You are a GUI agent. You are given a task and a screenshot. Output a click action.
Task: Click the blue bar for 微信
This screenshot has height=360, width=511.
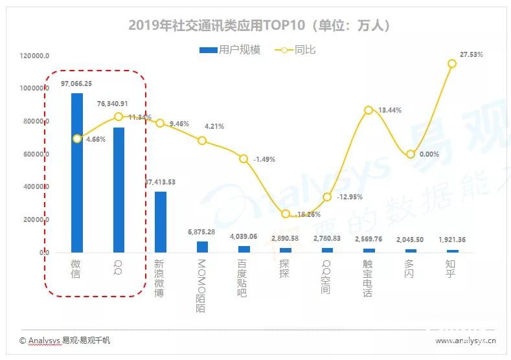click(77, 172)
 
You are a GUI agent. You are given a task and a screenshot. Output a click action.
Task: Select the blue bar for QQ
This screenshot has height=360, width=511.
click(119, 189)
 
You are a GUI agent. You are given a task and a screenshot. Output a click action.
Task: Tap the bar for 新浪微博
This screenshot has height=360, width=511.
click(160, 221)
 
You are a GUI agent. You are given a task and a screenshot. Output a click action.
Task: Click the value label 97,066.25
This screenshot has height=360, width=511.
click(76, 84)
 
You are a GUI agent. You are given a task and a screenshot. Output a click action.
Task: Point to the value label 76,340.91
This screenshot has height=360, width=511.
click(119, 104)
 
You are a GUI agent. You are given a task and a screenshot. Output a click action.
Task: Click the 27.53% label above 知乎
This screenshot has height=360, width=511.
click(470, 54)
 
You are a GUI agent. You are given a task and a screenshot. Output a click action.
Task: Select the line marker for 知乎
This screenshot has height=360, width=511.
click(452, 63)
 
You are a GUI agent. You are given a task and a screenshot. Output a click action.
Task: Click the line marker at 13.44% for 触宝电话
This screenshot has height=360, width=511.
click(369, 110)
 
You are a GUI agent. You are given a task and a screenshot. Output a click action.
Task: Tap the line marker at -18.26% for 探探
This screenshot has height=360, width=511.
click(286, 214)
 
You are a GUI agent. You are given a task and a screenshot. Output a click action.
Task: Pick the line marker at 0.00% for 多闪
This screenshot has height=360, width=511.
click(411, 154)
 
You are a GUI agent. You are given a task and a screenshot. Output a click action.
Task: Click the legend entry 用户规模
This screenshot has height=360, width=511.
click(231, 50)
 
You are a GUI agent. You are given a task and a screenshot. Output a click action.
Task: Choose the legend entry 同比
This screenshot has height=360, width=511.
click(297, 50)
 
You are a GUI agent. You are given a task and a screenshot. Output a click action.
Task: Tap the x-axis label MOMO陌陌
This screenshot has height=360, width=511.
click(201, 285)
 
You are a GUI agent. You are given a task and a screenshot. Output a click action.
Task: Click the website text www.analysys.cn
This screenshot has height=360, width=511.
click(465, 340)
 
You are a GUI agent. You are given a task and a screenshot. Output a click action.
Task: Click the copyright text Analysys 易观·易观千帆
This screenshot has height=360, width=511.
click(65, 340)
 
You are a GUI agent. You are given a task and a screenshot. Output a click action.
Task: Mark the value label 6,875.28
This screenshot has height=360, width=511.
click(201, 232)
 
